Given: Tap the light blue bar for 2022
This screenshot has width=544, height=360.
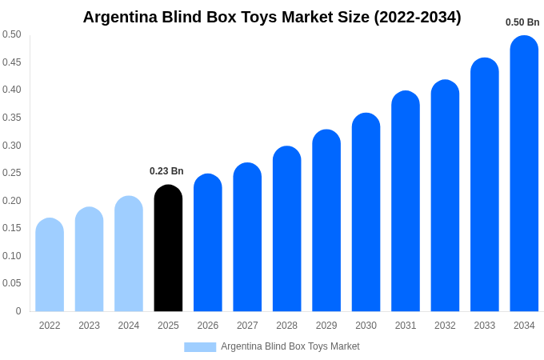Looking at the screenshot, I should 50,265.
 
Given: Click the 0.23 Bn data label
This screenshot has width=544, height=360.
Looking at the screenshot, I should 166,171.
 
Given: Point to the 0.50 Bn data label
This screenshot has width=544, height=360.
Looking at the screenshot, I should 522,22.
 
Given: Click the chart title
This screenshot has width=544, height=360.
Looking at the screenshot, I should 272,17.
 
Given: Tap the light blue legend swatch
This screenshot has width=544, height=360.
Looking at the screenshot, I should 200,347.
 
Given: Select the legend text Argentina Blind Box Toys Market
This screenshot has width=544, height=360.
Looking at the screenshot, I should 290,346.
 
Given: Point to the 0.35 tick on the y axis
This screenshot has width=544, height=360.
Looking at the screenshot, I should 12,118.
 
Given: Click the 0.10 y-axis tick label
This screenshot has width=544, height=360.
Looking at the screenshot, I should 12,256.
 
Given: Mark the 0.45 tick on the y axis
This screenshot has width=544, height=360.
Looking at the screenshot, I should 12,62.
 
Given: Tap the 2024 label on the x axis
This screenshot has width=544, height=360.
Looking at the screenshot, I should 129,326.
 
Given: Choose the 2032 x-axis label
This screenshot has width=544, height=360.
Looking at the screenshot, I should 445,326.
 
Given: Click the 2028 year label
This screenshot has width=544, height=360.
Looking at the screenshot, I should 286,326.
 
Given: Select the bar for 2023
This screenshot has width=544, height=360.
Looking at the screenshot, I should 89,259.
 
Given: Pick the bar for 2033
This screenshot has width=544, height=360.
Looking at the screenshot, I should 485,185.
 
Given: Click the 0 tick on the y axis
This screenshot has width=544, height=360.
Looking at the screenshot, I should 18,311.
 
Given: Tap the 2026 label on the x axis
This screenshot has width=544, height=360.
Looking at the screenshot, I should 208,326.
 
